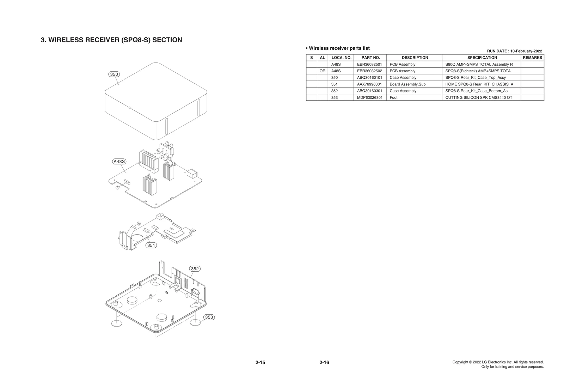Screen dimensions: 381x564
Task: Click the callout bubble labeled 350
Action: [x=114, y=74]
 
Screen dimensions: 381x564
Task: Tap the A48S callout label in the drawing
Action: [x=119, y=162]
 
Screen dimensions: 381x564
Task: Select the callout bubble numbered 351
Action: [x=151, y=245]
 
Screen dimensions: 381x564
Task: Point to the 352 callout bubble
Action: [x=195, y=269]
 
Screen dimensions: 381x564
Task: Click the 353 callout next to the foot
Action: [x=209, y=317]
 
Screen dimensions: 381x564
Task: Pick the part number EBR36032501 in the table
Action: [x=369, y=65]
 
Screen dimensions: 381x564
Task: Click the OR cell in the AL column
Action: [x=322, y=71]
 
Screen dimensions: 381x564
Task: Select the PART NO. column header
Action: [x=370, y=58]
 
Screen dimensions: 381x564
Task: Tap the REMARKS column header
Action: [x=532, y=58]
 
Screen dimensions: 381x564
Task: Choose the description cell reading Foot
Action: [x=393, y=98]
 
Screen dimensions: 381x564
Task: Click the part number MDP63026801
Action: [x=369, y=98]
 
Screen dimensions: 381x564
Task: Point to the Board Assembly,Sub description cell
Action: [x=407, y=84]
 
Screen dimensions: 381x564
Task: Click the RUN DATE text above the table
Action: [x=514, y=51]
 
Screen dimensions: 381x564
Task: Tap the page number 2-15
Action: [x=260, y=363]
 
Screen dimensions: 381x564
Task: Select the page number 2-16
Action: [x=324, y=363]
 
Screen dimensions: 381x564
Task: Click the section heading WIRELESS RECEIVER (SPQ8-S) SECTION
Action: [x=111, y=40]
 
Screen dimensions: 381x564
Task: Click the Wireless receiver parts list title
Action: [x=338, y=48]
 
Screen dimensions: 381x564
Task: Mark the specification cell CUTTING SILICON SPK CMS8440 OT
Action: [x=479, y=98]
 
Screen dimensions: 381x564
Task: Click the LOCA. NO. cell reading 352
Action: [x=335, y=91]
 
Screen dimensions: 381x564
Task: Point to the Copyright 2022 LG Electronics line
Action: [x=498, y=362]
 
